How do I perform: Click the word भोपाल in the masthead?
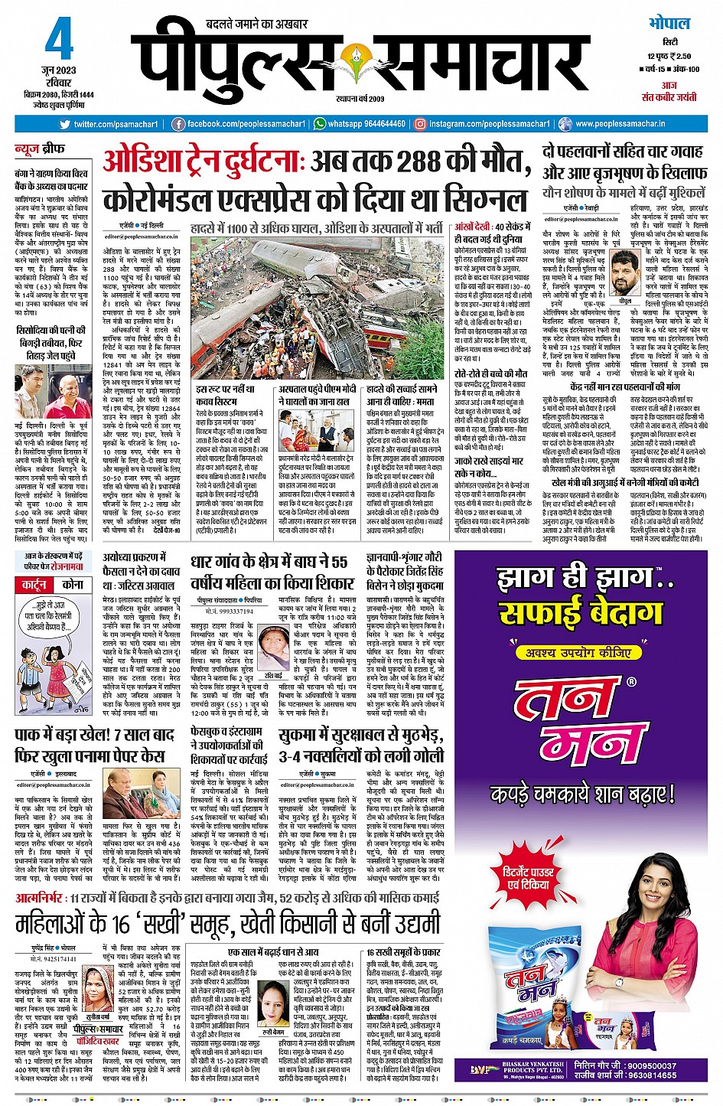[x=669, y=24]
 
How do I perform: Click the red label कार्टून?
[x=34, y=584]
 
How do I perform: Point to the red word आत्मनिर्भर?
[x=39, y=897]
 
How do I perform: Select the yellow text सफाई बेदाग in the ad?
[x=581, y=612]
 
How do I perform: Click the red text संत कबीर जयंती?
[x=668, y=97]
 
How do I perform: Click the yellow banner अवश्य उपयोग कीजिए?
[x=578, y=653]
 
